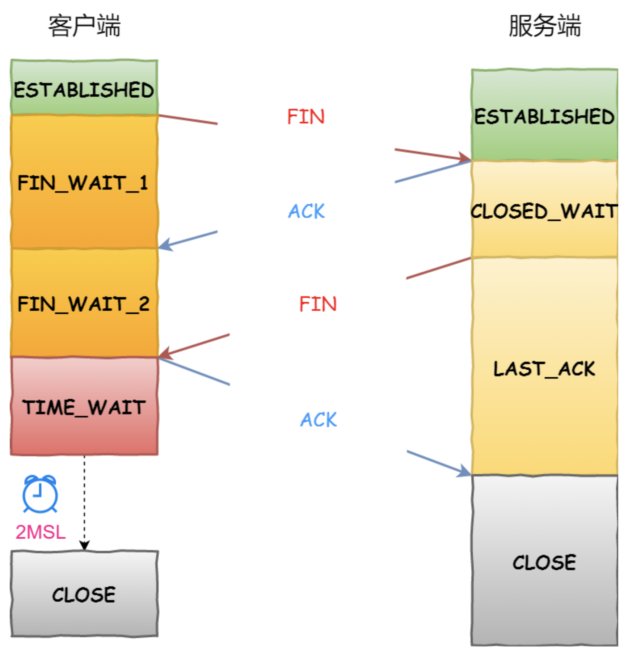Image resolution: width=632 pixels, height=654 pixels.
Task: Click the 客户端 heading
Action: point(84,26)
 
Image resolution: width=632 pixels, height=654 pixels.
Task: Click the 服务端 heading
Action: point(544,26)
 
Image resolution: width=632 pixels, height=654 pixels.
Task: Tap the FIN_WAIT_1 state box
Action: point(84,182)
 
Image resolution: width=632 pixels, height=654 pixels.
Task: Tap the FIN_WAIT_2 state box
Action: point(84,303)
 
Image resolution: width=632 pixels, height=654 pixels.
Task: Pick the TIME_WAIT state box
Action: point(84,407)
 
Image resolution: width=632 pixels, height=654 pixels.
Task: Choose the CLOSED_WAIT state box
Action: point(544,210)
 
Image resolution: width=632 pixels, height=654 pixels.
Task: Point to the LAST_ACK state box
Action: point(544,368)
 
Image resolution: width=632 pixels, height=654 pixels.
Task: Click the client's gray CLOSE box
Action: point(84,594)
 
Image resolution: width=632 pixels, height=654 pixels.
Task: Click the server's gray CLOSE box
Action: point(544,561)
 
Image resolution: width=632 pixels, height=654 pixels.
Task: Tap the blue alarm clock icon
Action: point(40,493)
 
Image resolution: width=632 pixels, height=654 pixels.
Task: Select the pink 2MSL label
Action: point(41,532)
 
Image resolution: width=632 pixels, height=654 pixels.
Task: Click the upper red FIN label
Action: point(306,116)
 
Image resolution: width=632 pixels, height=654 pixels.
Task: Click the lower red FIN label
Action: point(318,303)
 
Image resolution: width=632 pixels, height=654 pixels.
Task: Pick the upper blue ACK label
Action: point(307,211)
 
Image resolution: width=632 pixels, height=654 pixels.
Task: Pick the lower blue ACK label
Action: point(319,420)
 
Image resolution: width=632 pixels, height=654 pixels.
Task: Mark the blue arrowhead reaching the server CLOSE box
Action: point(464,471)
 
